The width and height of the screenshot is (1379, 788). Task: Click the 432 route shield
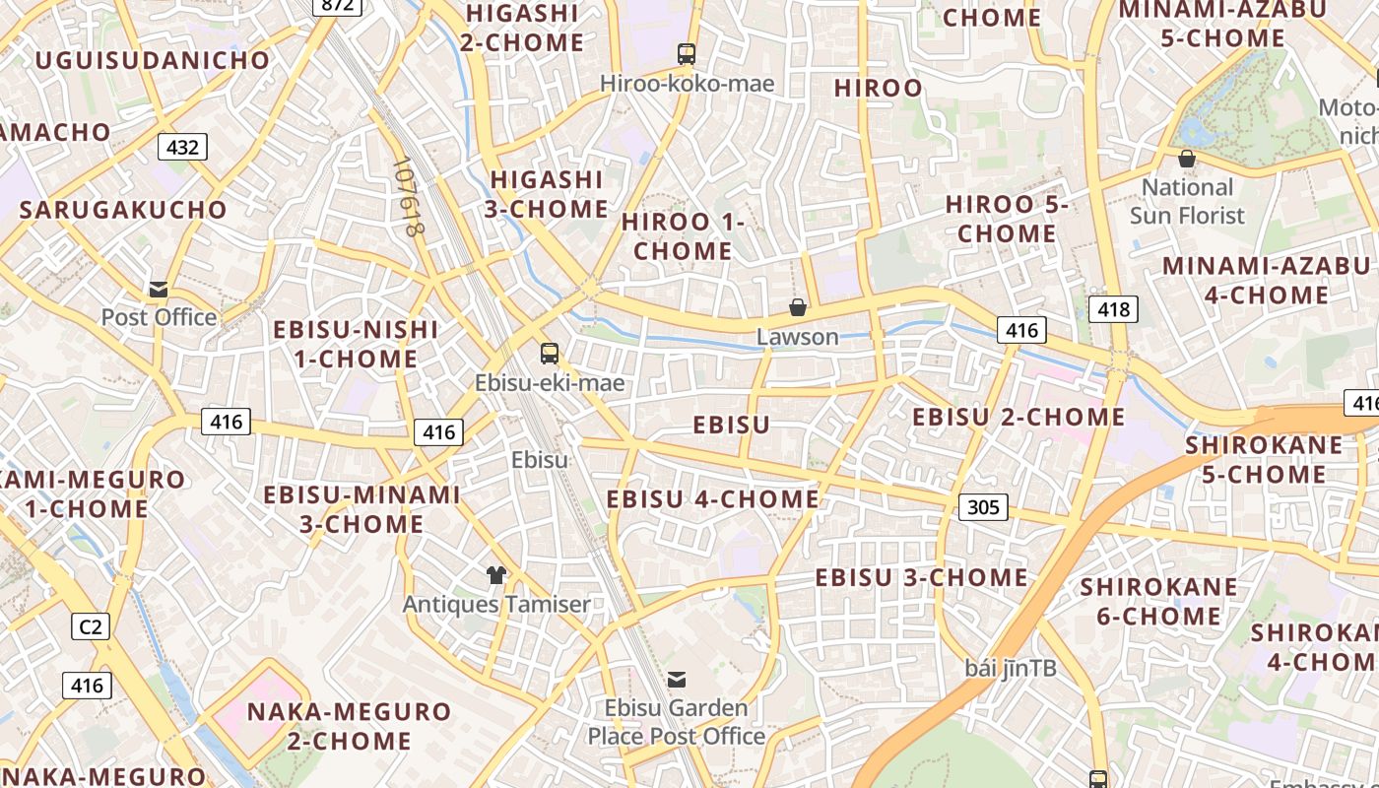coord(182,148)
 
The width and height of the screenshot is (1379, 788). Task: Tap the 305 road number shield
coord(983,507)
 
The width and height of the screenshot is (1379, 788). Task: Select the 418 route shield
coord(1113,309)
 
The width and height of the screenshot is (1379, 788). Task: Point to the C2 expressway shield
coord(90,625)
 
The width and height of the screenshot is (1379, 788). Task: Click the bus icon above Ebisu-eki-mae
coord(550,353)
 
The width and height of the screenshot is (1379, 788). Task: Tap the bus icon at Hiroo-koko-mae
coord(687,54)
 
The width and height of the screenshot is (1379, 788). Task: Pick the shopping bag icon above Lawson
coord(798,307)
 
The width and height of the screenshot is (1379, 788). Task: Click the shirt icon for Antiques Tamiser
coord(496,574)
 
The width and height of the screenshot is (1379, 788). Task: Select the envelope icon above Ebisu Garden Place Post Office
coord(677,679)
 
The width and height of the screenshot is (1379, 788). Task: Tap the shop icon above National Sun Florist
coord(1187,158)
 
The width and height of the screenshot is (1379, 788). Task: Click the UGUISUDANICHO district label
coord(153,60)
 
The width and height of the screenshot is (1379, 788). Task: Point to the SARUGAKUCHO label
coord(123,210)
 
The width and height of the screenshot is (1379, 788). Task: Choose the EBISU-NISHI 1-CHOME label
coord(356,344)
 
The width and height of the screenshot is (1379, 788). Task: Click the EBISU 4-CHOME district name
coord(712,499)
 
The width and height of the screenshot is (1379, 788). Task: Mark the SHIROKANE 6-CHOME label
coord(1158,602)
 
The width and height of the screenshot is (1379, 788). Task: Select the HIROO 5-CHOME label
coord(1007,219)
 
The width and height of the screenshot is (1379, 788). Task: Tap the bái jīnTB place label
coord(1011,668)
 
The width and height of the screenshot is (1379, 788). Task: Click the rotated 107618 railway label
coord(407,197)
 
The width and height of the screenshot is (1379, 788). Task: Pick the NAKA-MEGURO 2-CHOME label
coord(349,726)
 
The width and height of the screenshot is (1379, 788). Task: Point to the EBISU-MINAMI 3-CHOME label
coord(361,509)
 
